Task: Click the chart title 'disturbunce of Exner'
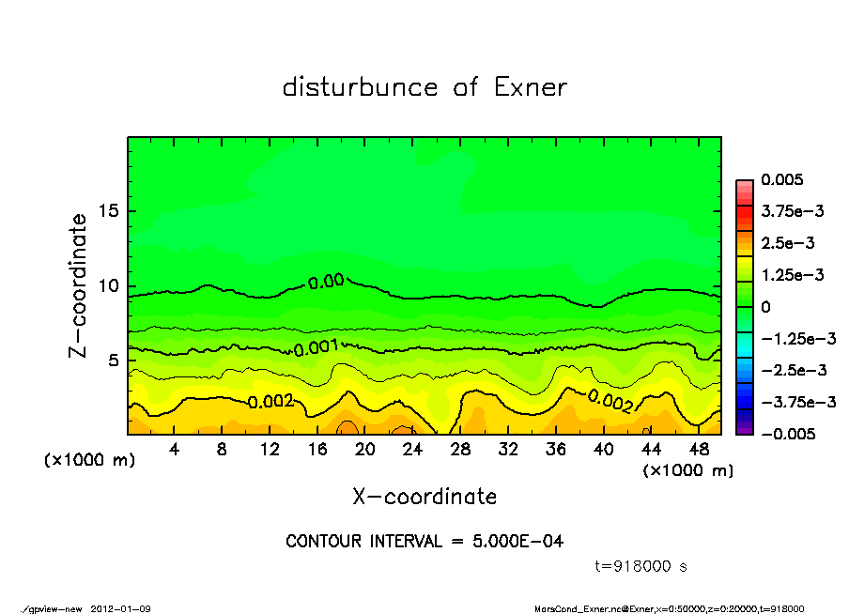424,87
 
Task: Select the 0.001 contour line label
316,348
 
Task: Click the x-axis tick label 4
175,450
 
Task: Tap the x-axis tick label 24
412,450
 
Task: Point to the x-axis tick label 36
555,450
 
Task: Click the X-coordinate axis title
424,496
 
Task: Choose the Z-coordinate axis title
79,284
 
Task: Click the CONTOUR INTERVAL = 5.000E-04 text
424,542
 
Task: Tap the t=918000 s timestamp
642,566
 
